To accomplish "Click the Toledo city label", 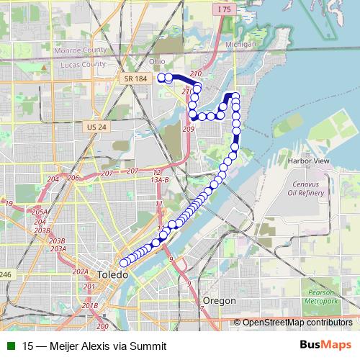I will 113,275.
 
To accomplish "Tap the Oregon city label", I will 220,300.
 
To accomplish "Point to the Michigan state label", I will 240,44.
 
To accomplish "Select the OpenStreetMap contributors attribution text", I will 297,323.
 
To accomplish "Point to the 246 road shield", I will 6,274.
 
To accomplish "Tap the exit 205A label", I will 40,212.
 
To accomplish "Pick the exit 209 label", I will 189,129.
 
